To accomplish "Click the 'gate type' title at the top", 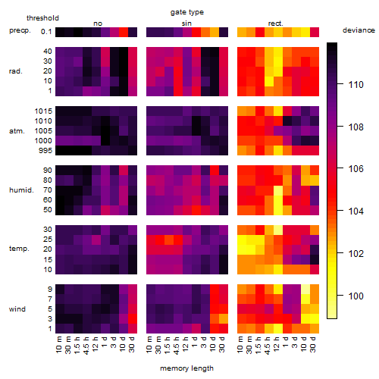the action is click(x=187, y=12).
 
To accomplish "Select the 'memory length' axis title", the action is click(x=187, y=368).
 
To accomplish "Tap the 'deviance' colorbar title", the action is click(x=359, y=30).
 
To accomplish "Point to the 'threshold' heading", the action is click(x=42, y=18).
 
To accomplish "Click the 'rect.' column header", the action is click(x=276, y=23).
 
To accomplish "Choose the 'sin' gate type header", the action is click(x=186, y=23).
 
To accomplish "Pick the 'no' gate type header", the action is click(x=98, y=23).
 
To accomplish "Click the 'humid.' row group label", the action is click(x=21, y=190).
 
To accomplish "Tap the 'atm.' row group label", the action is click(x=17, y=131).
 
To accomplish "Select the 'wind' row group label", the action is click(x=17, y=309).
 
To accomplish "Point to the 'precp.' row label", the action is click(x=20, y=30).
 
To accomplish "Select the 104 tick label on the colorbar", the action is click(x=356, y=211).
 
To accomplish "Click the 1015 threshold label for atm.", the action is click(x=43, y=111).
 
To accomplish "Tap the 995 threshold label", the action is click(x=45, y=151).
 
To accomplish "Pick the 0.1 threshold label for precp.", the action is click(x=46, y=32).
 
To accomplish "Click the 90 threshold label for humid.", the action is click(x=48, y=171).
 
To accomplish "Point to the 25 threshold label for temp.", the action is click(x=48, y=240).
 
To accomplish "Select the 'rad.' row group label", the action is click(x=16, y=71).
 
